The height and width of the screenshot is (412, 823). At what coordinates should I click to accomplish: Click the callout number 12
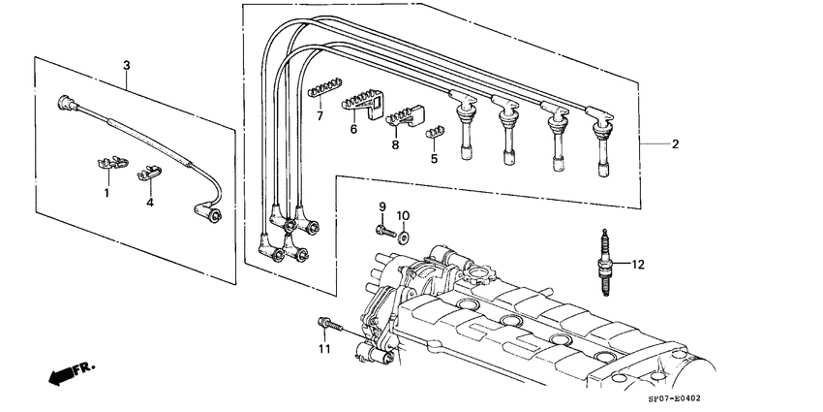click(637, 263)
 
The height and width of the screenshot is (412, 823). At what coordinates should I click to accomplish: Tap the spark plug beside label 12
click(607, 263)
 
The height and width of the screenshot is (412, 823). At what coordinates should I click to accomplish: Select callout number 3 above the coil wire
click(126, 65)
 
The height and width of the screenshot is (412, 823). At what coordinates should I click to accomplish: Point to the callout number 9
click(381, 206)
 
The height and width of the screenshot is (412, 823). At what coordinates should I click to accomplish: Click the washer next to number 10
click(403, 235)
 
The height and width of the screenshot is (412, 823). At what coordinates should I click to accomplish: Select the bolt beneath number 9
click(384, 231)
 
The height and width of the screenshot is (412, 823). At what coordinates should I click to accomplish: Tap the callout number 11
click(324, 348)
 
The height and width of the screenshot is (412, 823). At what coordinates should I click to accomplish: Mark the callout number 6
click(353, 128)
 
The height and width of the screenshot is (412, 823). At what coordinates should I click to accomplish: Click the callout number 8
click(395, 144)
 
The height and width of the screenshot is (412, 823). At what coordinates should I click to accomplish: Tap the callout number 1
click(107, 193)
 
